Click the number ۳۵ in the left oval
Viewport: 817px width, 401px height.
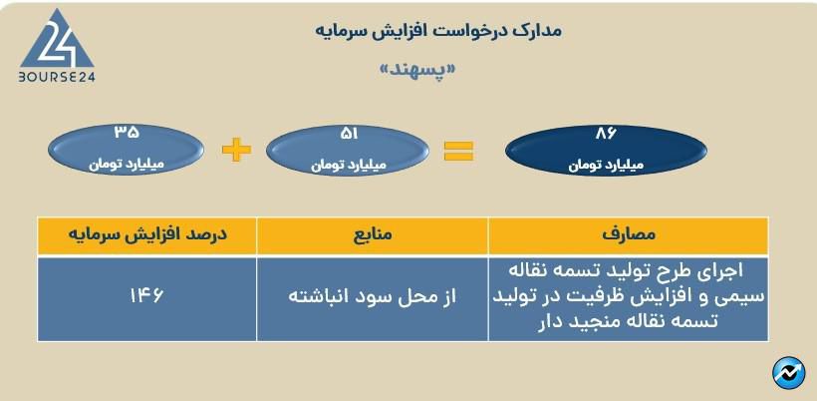click(127, 131)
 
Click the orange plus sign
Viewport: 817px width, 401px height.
click(236, 151)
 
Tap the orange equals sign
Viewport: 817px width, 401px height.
click(458, 151)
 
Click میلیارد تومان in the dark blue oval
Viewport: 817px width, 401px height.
click(594, 164)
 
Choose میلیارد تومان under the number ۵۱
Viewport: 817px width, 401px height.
click(342, 162)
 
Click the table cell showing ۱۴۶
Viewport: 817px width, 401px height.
click(146, 296)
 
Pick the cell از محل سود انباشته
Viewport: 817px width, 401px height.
click(372, 297)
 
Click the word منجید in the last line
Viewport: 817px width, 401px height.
click(587, 321)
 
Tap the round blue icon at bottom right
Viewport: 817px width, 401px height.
click(788, 371)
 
